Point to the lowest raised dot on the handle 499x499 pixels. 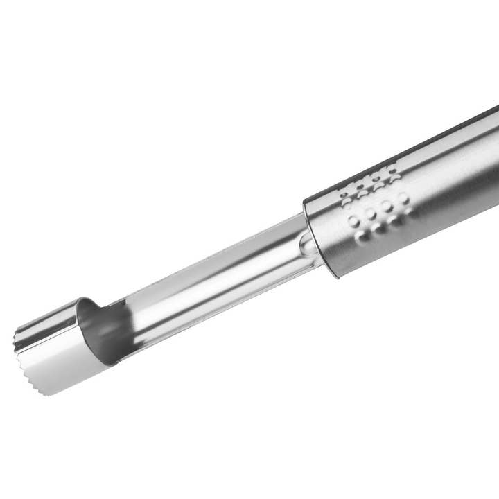point(362,236)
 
